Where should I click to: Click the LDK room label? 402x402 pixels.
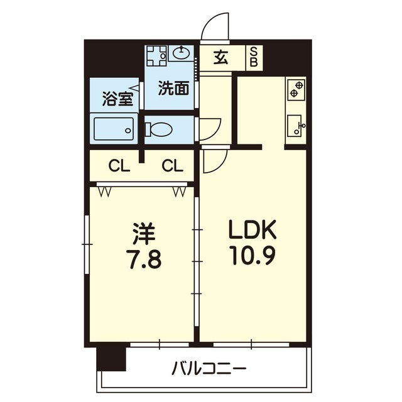coord(253,230)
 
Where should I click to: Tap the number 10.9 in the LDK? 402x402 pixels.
coord(253,257)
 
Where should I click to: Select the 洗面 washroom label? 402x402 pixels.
coord(173,89)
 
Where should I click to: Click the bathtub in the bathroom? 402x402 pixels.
coord(113,130)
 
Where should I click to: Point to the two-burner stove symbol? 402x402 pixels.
coord(295,89)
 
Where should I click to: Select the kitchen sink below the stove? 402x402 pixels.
coord(295,126)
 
